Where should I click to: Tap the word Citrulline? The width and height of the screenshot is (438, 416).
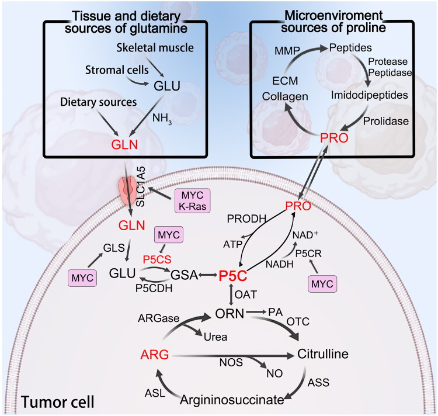(x=323, y=355)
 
